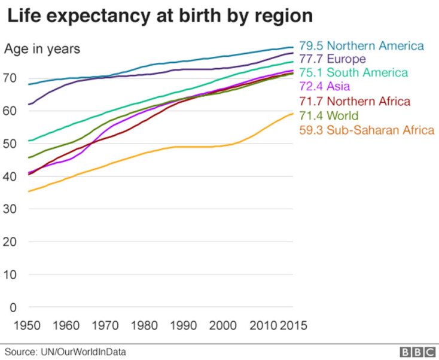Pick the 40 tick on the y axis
tap(13, 176)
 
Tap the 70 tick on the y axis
tap(13, 78)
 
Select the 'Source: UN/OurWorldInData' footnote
tap(66, 352)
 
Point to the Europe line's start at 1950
tap(28, 105)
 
